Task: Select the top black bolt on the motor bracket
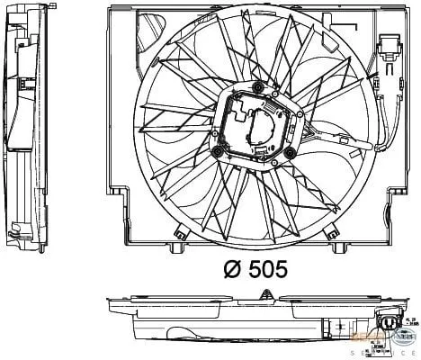coord(258,86)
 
